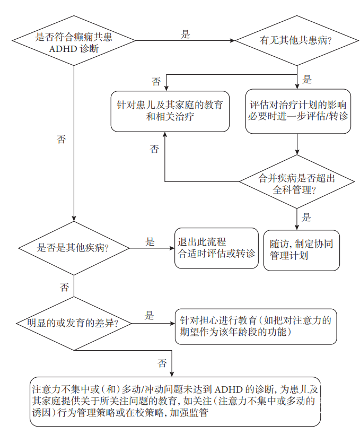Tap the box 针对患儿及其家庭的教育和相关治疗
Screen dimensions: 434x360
(170, 110)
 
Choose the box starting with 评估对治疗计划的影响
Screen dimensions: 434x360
(297, 110)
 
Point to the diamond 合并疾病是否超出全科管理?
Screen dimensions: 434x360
(296, 183)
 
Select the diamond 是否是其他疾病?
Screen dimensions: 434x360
(74, 248)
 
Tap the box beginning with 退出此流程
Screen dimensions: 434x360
(216, 248)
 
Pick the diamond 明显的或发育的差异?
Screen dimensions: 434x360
(74, 323)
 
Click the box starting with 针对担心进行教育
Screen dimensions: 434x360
(256, 326)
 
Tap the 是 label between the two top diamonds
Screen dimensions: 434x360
(185, 34)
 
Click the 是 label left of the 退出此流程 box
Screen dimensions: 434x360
(150, 241)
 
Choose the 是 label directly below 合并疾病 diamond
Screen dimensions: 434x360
(306, 217)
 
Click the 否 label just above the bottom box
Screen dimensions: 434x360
(162, 363)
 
